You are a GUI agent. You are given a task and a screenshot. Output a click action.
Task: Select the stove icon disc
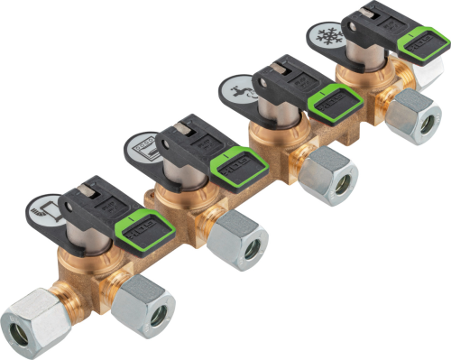[x=144, y=144]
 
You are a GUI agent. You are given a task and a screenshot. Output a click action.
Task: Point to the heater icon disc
[x=52, y=210]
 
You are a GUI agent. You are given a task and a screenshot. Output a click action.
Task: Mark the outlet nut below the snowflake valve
[x=415, y=118]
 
